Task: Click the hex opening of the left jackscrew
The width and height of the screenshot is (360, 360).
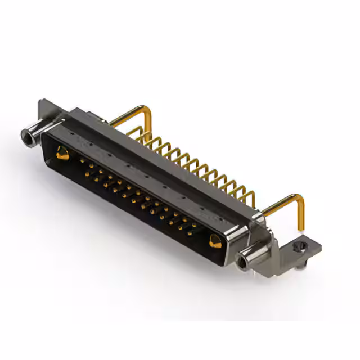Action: point(25,135)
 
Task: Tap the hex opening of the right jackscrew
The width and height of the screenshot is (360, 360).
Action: point(243,262)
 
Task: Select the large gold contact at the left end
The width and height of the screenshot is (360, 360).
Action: point(62,152)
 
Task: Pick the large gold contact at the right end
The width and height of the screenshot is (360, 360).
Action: point(215,241)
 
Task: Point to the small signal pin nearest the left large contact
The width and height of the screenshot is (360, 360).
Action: point(81,161)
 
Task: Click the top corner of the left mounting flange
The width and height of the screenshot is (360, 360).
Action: point(42,103)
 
